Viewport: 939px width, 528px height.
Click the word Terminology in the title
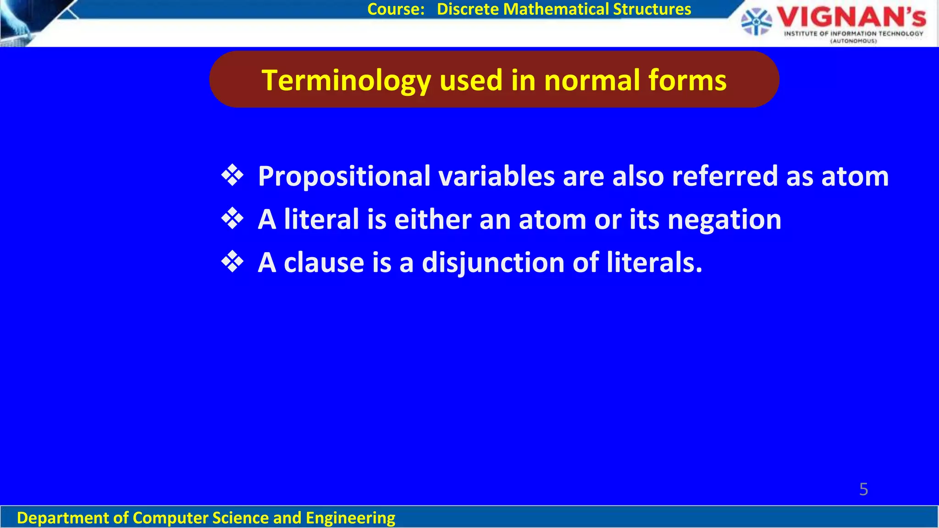[346, 81]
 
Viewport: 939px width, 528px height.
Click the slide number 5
[863, 489]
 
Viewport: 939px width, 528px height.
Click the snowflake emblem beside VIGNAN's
[757, 22]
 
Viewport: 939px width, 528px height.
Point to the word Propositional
[344, 176]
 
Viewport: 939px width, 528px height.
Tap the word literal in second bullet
[321, 220]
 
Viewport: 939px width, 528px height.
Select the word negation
[724, 220]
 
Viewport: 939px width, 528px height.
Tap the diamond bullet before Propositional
[232, 176]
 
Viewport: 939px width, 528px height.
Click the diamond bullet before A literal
[232, 219]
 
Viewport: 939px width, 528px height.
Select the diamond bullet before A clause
[232, 262]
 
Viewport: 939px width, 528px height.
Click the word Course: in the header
[396, 9]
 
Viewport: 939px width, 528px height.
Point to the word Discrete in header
[468, 9]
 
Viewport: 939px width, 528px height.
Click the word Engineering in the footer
[350, 518]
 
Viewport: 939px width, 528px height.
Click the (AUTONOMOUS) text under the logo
[853, 41]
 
